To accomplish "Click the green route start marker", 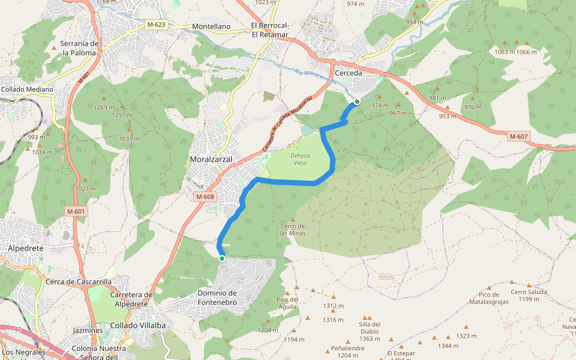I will (x=222, y=259).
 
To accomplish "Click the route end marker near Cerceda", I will (x=356, y=101).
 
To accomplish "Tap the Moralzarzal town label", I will (x=211, y=160).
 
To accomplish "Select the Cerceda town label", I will (x=349, y=73).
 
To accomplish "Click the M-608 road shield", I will (x=205, y=197).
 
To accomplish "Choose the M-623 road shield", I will (x=155, y=25).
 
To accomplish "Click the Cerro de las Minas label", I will (x=293, y=229).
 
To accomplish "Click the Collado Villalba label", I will (x=137, y=325).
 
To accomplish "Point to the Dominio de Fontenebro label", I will (x=217, y=298).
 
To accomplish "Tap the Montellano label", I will (x=211, y=27).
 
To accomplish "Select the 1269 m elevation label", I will (x=104, y=107).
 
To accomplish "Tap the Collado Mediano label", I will (x=27, y=89).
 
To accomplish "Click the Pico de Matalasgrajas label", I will (x=489, y=298).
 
